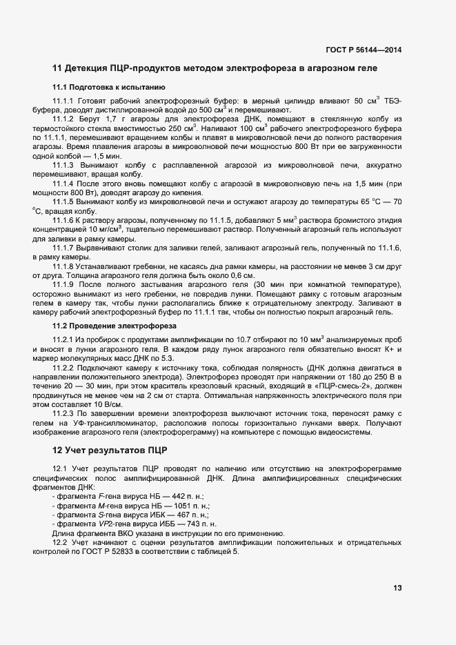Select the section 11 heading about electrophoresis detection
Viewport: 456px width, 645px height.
(x=215, y=68)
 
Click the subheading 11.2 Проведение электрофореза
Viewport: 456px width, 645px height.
(x=115, y=325)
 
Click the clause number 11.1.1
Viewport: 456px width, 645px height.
(x=63, y=101)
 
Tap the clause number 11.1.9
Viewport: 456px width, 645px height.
(x=63, y=285)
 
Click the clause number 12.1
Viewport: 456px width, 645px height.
(x=60, y=470)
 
